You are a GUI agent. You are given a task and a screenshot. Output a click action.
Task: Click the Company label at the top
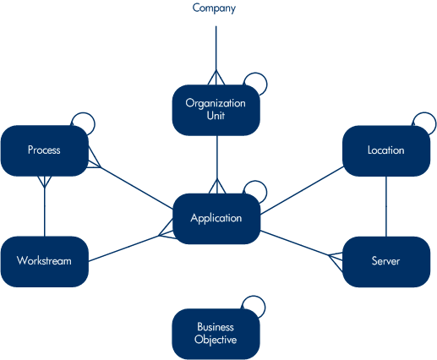(x=214, y=8)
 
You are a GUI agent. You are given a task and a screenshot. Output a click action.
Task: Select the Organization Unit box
(x=216, y=110)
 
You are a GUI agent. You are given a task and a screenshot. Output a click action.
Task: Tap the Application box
(x=216, y=219)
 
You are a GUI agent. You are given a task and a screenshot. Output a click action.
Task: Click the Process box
(x=45, y=150)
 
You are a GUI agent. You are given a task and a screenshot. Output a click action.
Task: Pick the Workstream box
(x=45, y=262)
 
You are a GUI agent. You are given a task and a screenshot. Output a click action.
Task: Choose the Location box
(x=386, y=151)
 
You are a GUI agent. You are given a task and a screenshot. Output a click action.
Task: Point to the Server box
(x=386, y=262)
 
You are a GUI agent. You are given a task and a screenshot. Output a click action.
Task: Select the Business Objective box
(x=216, y=334)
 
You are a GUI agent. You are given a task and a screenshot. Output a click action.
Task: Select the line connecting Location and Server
(x=386, y=206)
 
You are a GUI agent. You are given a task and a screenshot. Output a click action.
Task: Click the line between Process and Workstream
(x=45, y=206)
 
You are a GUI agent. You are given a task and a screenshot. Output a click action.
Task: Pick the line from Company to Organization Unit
(x=216, y=56)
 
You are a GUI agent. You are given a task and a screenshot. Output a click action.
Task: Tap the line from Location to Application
(x=302, y=190)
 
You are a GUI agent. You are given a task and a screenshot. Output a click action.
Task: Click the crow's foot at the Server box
(x=336, y=259)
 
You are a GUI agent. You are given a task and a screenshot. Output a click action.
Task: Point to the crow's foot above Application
(x=217, y=186)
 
